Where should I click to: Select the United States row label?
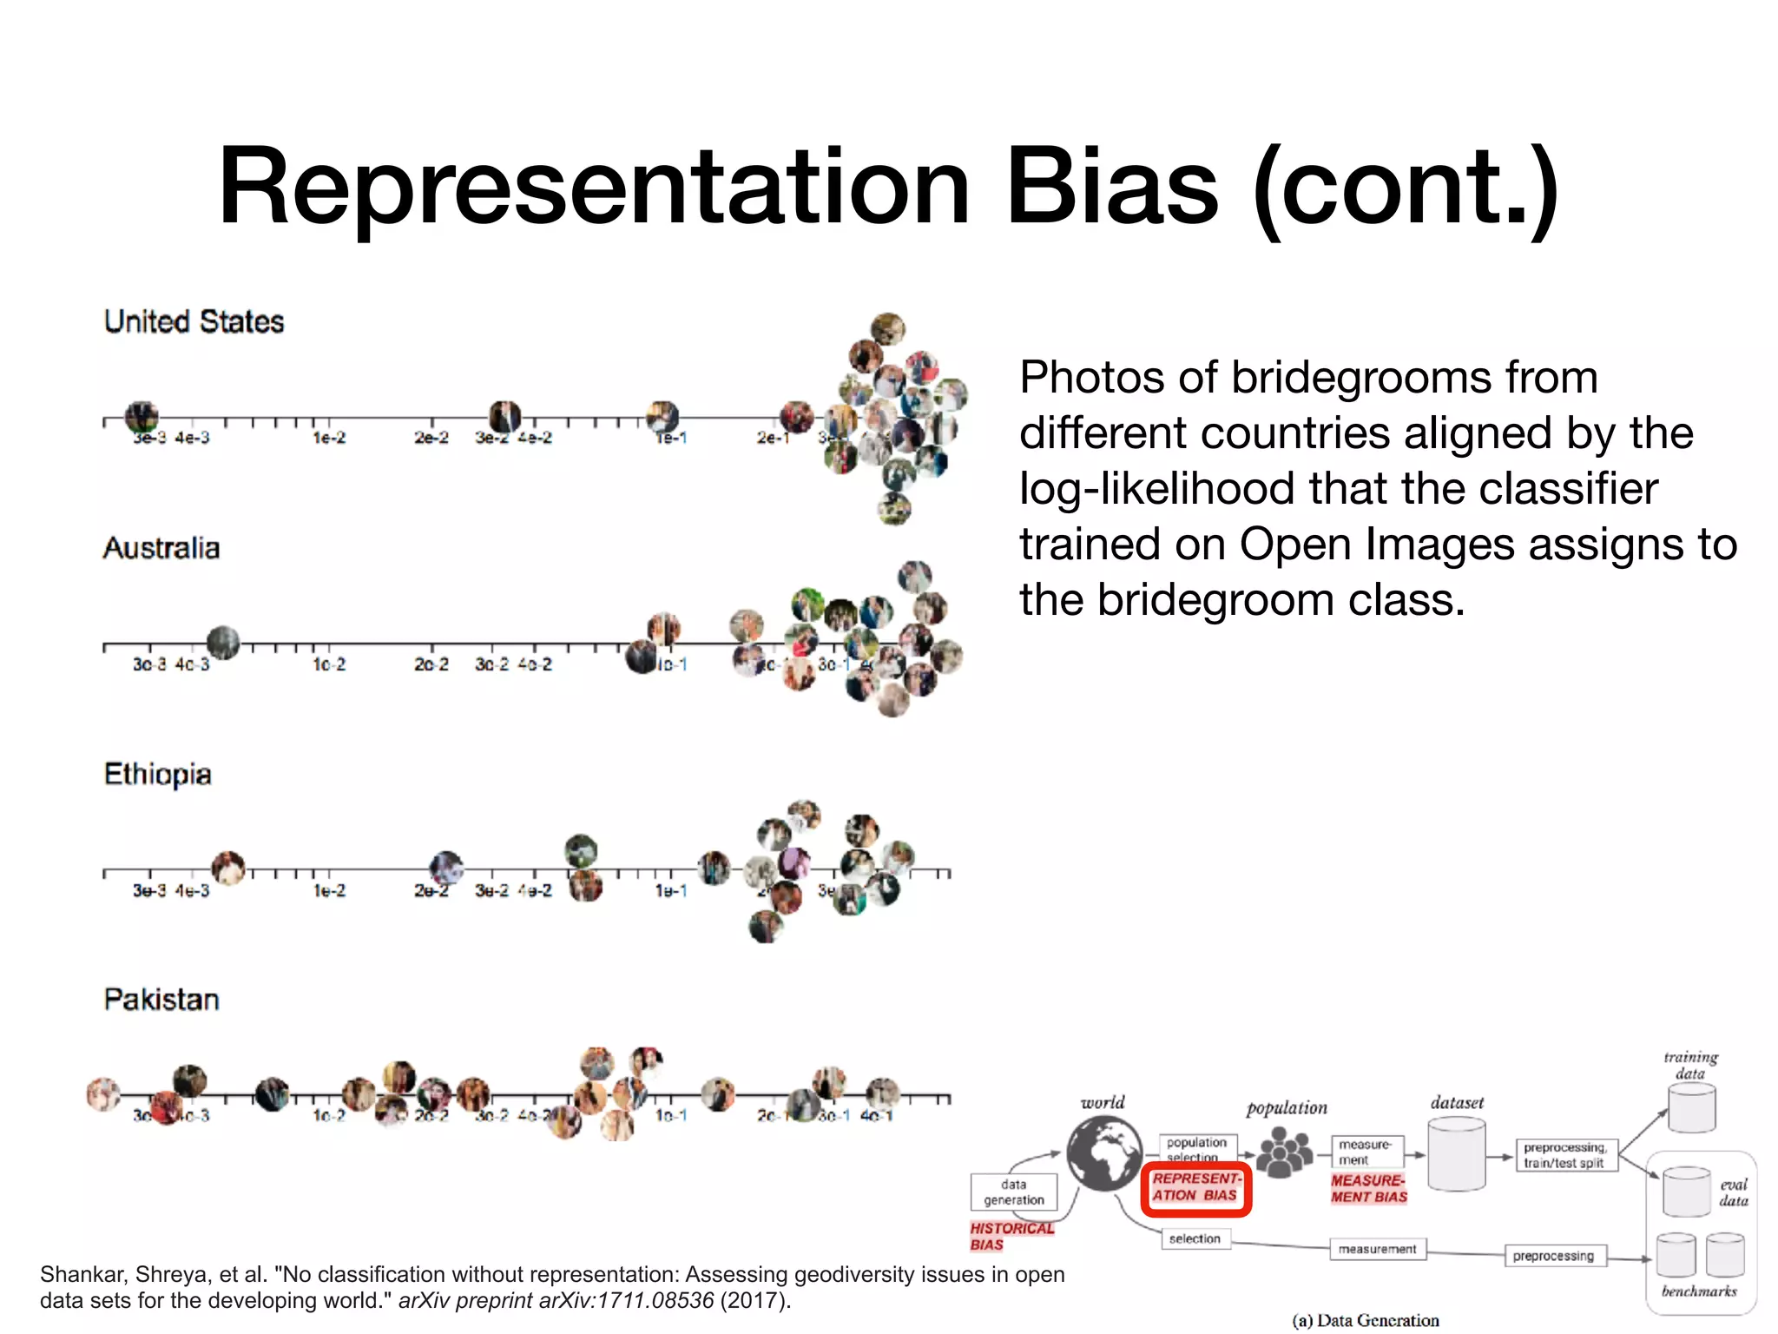point(194,321)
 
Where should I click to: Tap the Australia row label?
point(161,548)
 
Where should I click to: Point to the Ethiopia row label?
point(157,774)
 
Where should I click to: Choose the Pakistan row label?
point(161,1000)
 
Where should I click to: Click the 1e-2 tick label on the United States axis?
point(329,438)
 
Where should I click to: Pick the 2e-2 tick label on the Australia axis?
point(431,664)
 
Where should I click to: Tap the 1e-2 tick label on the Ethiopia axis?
point(329,891)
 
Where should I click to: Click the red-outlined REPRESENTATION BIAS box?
point(1195,1188)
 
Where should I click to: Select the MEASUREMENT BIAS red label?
point(1368,1189)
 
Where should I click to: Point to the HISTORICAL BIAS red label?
point(1011,1236)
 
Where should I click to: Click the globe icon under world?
point(1104,1153)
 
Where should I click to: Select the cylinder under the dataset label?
point(1457,1154)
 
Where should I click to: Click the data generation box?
point(1014,1192)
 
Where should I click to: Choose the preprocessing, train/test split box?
point(1566,1155)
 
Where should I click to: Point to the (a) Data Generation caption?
point(1365,1321)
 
